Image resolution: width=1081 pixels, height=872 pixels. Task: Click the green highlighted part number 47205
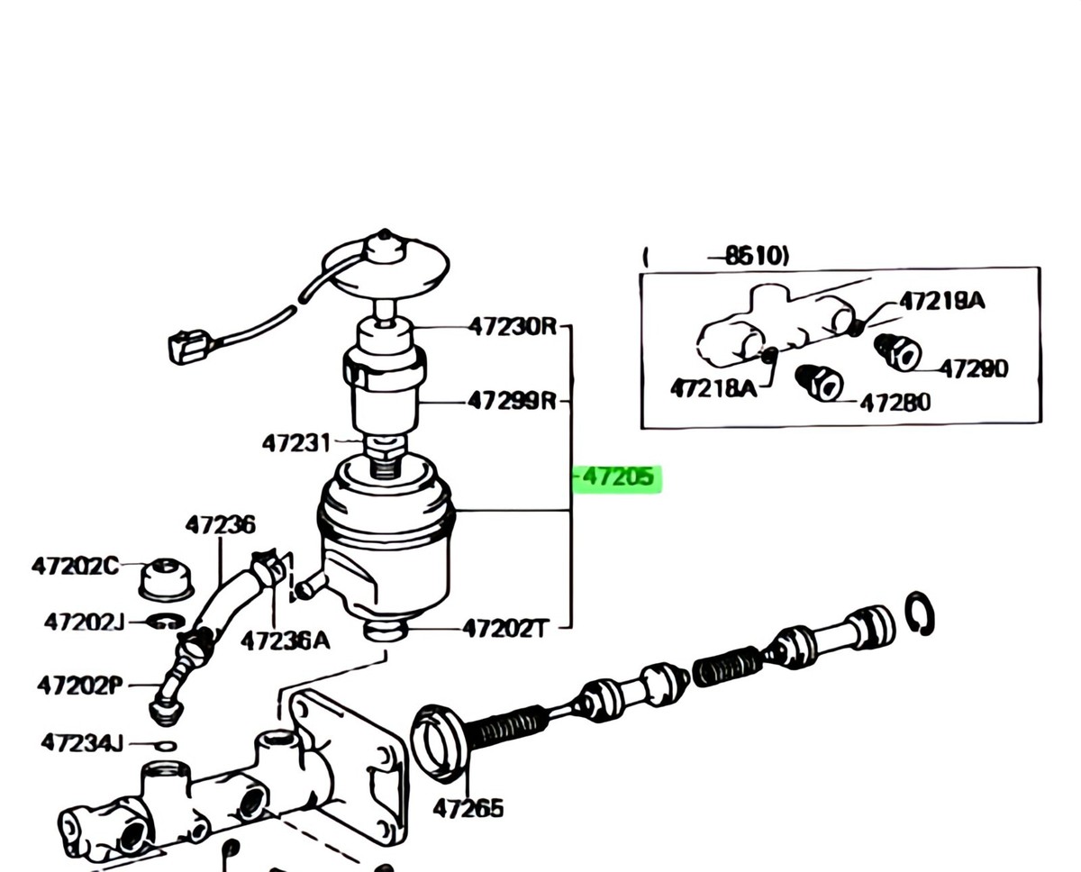618,478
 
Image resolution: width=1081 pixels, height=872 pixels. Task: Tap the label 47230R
513,327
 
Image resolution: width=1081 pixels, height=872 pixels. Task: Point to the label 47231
295,443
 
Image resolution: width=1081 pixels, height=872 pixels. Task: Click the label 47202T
504,628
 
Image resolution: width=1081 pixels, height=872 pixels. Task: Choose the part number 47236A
285,640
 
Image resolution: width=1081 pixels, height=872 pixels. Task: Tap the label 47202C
75,567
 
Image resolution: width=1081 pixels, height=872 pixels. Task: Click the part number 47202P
80,686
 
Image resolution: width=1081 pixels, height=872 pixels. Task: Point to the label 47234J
82,743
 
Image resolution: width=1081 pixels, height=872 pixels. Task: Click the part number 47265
468,808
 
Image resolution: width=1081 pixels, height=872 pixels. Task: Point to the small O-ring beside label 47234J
165,745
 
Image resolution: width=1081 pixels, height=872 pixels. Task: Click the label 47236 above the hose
221,524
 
